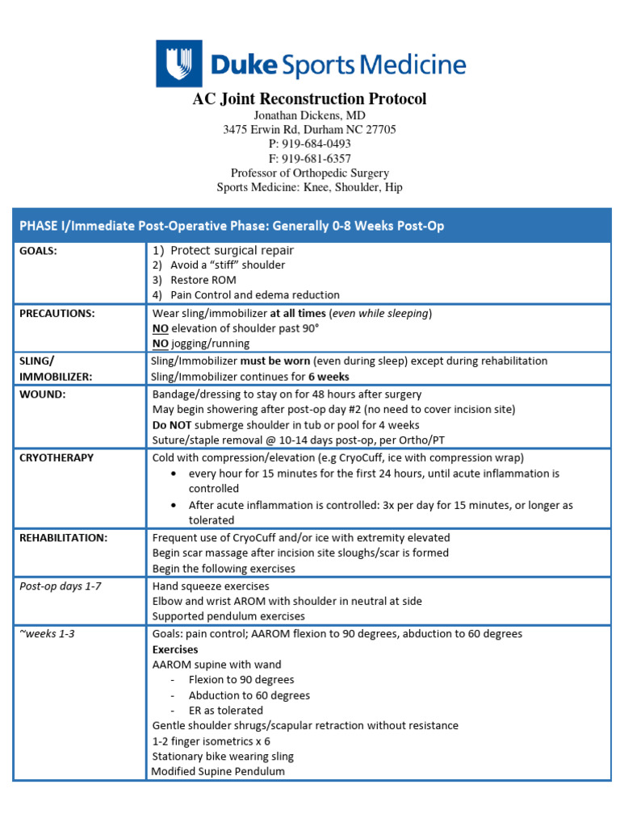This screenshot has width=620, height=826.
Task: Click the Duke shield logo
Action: pyautogui.click(x=178, y=64)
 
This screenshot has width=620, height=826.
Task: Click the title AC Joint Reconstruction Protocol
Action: pyautogui.click(x=309, y=99)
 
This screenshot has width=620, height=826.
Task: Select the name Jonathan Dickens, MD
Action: pyautogui.click(x=309, y=115)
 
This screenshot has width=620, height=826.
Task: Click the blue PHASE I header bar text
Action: pyautogui.click(x=232, y=226)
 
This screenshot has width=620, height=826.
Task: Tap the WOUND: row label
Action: pyautogui.click(x=43, y=394)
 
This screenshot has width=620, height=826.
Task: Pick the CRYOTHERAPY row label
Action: pyautogui.click(x=57, y=457)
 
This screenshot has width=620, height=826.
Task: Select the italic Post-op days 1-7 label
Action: pyautogui.click(x=61, y=586)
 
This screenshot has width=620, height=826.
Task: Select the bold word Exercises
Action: pyautogui.click(x=175, y=649)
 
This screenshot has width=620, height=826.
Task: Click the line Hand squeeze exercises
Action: pyautogui.click(x=211, y=586)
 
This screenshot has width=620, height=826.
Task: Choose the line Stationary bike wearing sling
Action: pyautogui.click(x=223, y=757)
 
